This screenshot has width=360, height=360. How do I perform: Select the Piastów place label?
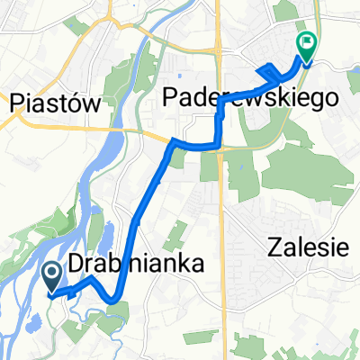(x=55, y=103)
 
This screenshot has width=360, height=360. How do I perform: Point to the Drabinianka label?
(x=132, y=262)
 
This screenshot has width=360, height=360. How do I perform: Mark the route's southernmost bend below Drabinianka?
(x=116, y=300)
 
